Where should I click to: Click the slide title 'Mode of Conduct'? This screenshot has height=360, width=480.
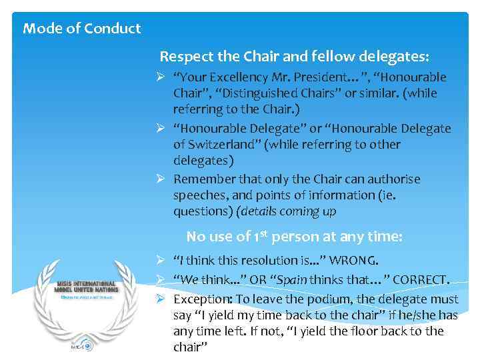(x=82, y=29)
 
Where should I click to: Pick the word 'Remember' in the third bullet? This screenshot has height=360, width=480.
(x=203, y=179)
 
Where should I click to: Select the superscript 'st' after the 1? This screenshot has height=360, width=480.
(x=263, y=233)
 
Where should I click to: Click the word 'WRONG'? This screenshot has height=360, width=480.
(x=363, y=261)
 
